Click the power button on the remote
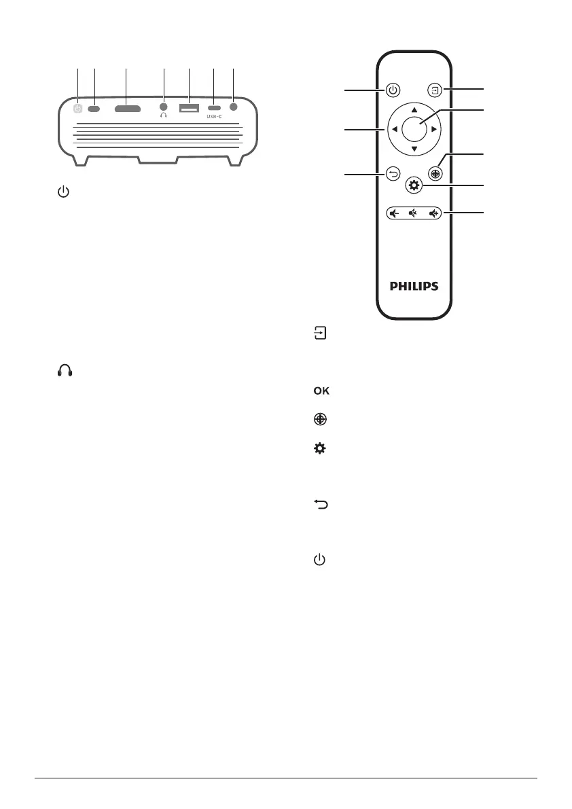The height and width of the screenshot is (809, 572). coord(393,89)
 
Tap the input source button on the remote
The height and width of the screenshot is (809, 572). coord(434,89)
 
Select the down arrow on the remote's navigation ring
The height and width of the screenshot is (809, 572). coord(414,149)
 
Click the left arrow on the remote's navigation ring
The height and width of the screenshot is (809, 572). coord(395,128)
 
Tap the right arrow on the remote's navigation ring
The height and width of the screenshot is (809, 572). coord(433,128)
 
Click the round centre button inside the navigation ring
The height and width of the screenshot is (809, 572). coord(414,128)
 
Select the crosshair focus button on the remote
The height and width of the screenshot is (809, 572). coord(435,173)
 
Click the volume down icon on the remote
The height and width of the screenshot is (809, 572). coord(393,213)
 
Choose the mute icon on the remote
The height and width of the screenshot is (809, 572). coord(412,213)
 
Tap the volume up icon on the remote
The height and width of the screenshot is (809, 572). coord(434,213)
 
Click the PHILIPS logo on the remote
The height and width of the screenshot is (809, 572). coord(414,287)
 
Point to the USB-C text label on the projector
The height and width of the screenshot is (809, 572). coord(215,117)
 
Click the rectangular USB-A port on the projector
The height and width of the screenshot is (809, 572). coord(189,108)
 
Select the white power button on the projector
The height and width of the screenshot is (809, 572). coord(78,108)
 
